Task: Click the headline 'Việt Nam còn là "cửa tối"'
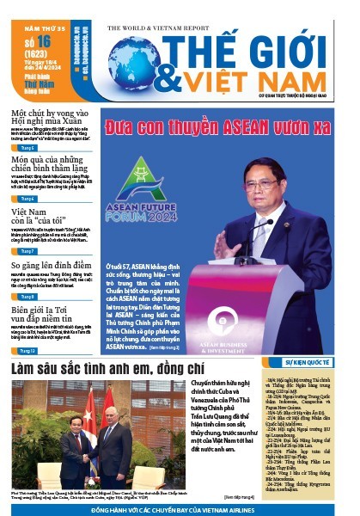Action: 37,218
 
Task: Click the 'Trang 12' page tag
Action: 27,352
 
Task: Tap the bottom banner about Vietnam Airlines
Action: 180,509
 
